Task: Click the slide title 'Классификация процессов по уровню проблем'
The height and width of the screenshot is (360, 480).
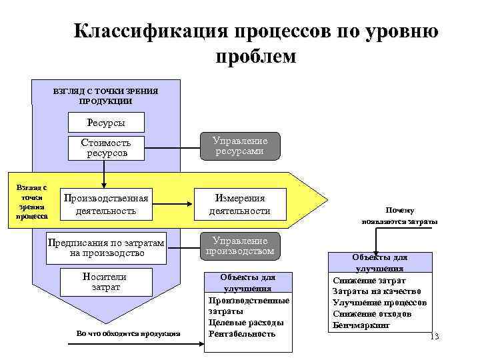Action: coord(256,44)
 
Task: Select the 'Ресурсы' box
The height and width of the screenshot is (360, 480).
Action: coord(105,123)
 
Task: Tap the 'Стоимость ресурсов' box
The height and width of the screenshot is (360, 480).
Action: coord(105,148)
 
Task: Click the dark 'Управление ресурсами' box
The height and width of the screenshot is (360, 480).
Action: coord(240,146)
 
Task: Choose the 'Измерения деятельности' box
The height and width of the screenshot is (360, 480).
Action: coord(239,205)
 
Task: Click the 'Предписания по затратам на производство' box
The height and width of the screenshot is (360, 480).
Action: coord(105,247)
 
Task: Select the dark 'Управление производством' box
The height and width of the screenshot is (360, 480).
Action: coord(240,245)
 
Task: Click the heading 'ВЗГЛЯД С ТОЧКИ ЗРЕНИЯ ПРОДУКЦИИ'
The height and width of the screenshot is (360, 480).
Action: coord(105,96)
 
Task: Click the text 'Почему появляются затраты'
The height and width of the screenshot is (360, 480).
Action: coord(399,215)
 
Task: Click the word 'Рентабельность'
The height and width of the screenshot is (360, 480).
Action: coord(242,333)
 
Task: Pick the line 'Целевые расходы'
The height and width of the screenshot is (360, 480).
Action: coord(246,323)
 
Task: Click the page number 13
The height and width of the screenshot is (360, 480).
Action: coord(434,336)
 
